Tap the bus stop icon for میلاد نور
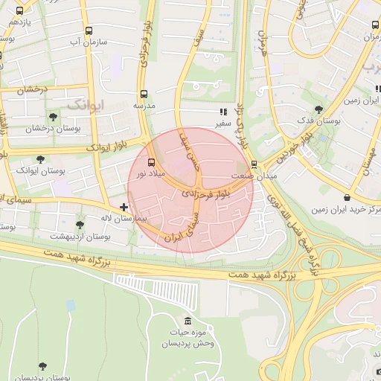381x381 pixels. [153, 161]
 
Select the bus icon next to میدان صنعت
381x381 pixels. [254, 164]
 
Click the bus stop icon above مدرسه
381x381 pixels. [144, 95]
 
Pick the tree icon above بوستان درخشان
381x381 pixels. [52, 117]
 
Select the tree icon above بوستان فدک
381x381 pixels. [318, 109]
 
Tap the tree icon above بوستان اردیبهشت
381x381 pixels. [80, 224]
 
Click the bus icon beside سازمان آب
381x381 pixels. [89, 31]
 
